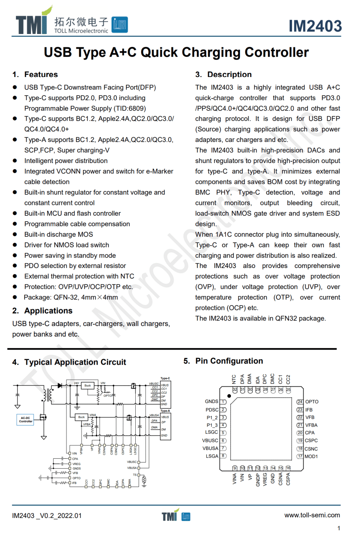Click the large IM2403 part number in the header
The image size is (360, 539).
coord(315,26)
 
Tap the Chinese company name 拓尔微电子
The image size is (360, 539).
coord(81,22)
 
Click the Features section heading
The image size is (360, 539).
coord(41,74)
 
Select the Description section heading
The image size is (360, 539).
coord(229,74)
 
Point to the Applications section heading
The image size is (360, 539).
coord(48,311)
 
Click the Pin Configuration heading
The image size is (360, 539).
coord(229,361)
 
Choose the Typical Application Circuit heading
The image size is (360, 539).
coord(75,362)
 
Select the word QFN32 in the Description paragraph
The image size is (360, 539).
coord(288,318)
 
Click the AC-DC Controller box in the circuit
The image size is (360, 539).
coord(25,420)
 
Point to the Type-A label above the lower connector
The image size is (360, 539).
coord(165,411)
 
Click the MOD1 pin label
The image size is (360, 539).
coord(311,456)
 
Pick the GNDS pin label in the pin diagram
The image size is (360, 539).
coord(211,401)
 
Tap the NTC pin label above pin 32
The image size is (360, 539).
coord(234,379)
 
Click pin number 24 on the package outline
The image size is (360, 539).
coord(300,402)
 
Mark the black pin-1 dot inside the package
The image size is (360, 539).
coord(229,396)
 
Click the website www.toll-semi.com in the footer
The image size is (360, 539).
coord(312,515)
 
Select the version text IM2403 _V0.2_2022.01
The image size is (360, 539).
coord(47,516)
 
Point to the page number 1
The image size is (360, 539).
coord(339,528)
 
